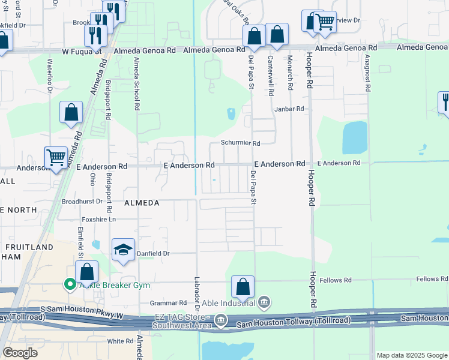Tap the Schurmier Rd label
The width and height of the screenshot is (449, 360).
coord(240,143)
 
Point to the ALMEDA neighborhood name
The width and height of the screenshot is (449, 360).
coord(142,203)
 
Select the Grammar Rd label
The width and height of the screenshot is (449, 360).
coord(170,303)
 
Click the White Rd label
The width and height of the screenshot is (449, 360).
coord(120,341)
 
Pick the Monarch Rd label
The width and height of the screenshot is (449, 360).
coord(290,73)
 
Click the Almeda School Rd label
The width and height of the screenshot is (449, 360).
coord(136,88)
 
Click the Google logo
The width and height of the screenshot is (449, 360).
coord(20,352)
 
